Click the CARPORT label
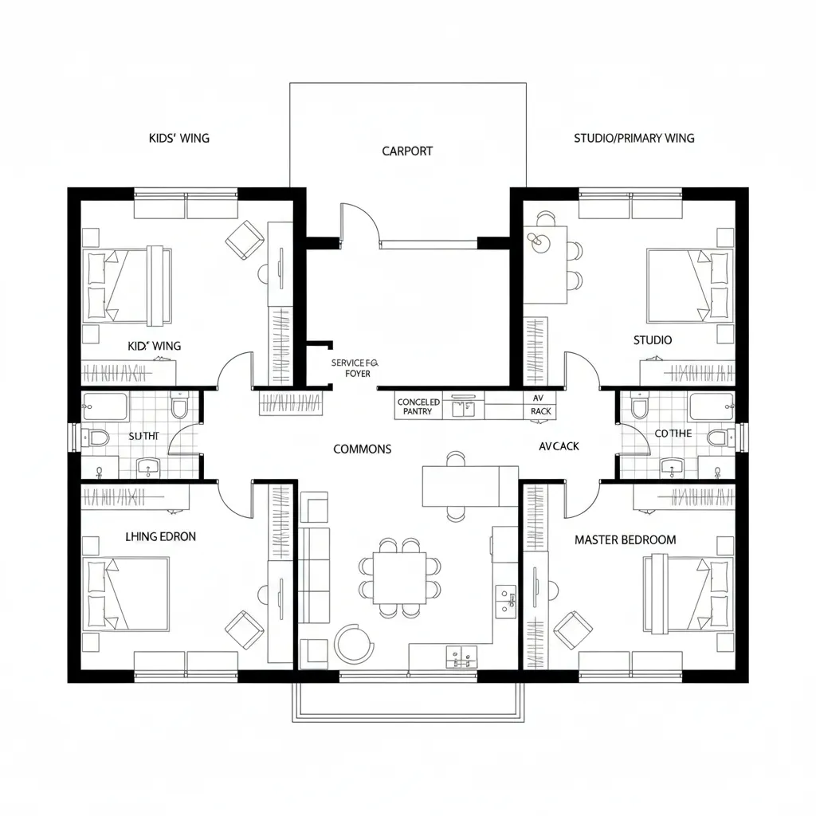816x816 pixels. [x=407, y=151]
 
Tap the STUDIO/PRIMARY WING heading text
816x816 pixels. [x=634, y=138]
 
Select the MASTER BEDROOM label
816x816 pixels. [x=625, y=539]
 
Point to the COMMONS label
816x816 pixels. [x=362, y=449]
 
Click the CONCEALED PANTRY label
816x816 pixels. [x=418, y=407]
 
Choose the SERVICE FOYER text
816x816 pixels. [x=355, y=367]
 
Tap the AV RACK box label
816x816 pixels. [x=539, y=404]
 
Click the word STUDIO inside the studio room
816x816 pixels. [x=653, y=340]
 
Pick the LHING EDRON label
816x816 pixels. [x=160, y=536]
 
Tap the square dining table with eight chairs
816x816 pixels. [x=400, y=578]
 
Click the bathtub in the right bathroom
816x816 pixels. [x=712, y=406]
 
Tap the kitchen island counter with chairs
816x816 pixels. [x=460, y=486]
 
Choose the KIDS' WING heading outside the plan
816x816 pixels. [x=179, y=138]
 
